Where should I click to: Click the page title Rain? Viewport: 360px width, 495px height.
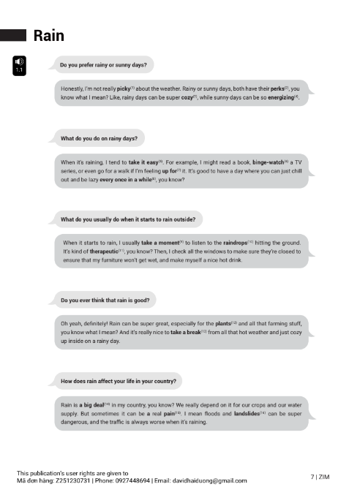(48, 35)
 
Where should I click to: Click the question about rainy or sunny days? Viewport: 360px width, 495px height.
(102, 65)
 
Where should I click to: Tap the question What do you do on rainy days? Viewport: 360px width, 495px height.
(98, 138)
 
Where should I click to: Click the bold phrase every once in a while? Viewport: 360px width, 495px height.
(124, 178)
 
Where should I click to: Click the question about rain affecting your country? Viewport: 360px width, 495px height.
(118, 381)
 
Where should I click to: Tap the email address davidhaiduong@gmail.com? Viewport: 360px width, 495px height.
(209, 480)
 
